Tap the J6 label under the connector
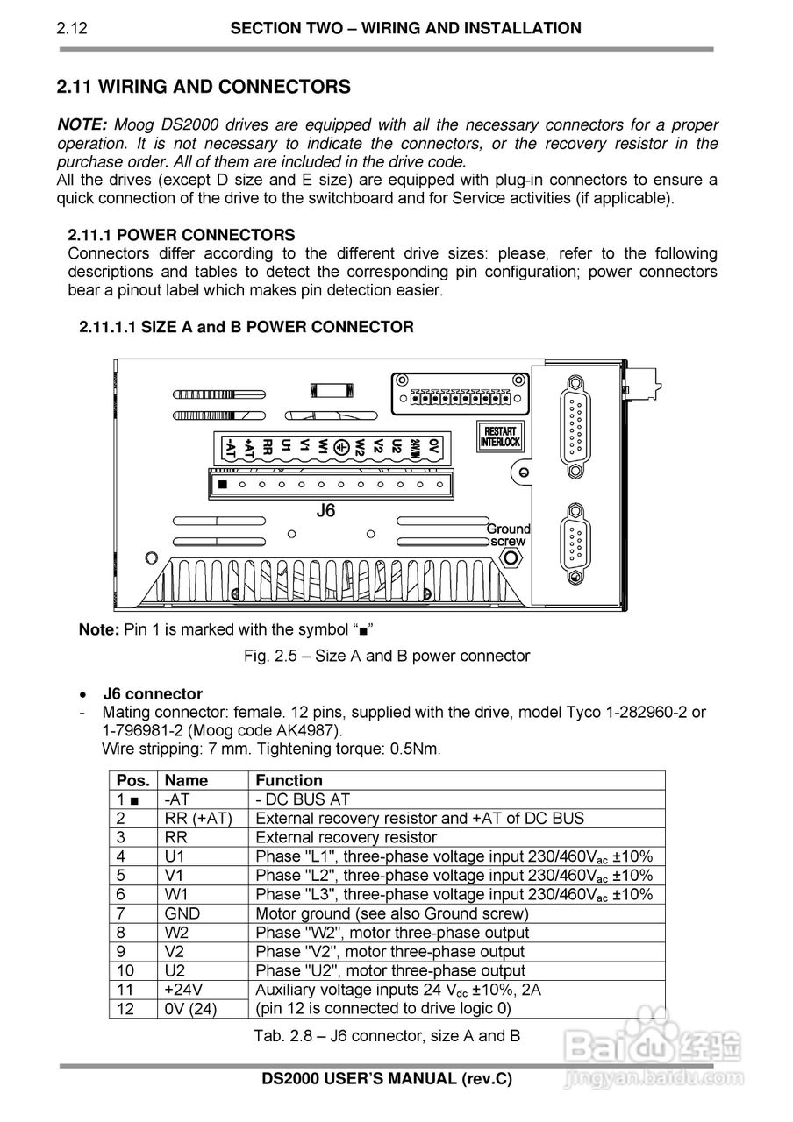coord(325,510)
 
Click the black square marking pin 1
coord(223,484)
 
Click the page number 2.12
coord(72,29)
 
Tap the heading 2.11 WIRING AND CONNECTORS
coord(204,87)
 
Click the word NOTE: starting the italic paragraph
coord(82,124)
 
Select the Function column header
coord(289,780)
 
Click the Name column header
coord(186,780)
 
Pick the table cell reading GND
coord(182,913)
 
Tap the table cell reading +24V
coord(184,990)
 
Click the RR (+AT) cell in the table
coord(197,818)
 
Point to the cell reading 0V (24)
coord(190,1009)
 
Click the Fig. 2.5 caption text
coord(387,656)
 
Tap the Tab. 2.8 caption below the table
coord(387,1035)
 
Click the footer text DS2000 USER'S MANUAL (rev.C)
coord(387,1078)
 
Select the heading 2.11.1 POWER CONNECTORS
coord(182,235)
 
